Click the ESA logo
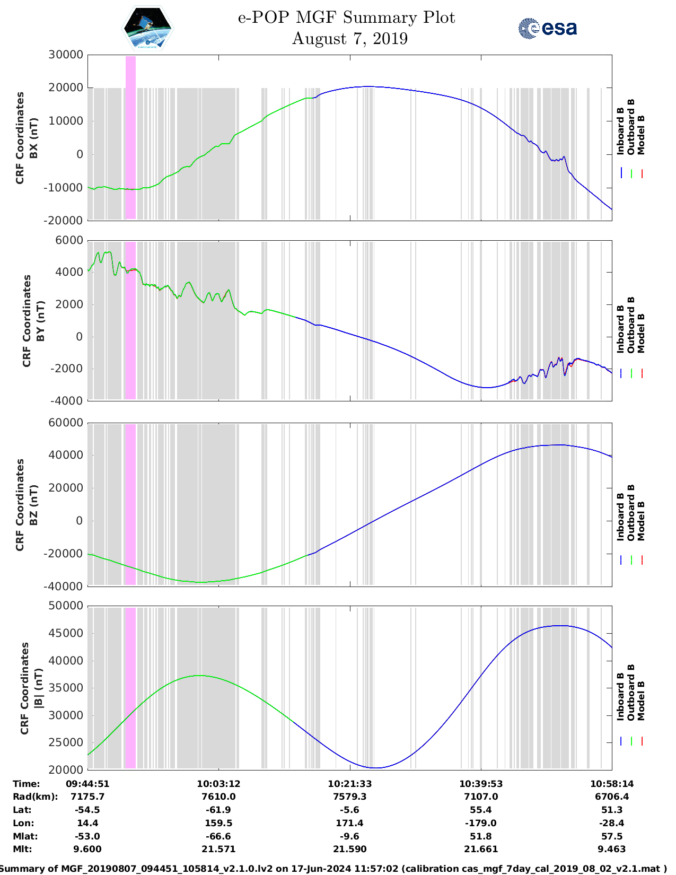pyautogui.click(x=547, y=28)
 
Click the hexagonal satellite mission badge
pyautogui.click(x=147, y=28)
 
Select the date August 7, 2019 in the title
pyautogui.click(x=349, y=39)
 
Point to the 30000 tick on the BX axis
pyautogui.click(x=66, y=55)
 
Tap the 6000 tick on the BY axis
pyautogui.click(x=69, y=240)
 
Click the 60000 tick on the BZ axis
pyautogui.click(x=66, y=423)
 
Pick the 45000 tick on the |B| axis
pyautogui.click(x=66, y=633)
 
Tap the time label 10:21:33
pyautogui.click(x=349, y=784)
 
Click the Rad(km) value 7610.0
pyautogui.click(x=218, y=797)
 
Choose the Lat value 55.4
pyautogui.click(x=481, y=810)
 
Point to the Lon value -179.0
pyautogui.click(x=481, y=823)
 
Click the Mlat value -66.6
pyautogui.click(x=218, y=836)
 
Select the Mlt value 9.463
pyautogui.click(x=612, y=849)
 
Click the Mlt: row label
pyautogui.click(x=22, y=849)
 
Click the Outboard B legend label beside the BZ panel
pyautogui.click(x=631, y=513)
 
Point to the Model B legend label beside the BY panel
pyautogui.click(x=641, y=333)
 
